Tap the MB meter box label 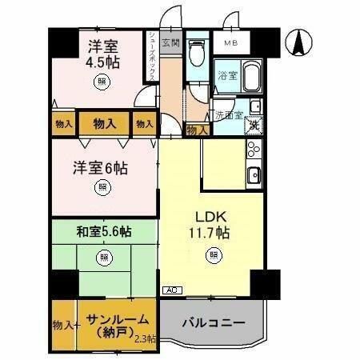[230, 42]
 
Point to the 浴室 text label [226, 76]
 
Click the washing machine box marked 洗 [253, 124]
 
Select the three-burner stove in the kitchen [253, 150]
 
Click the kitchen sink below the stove [253, 175]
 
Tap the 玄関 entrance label [170, 42]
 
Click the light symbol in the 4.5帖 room [102, 81]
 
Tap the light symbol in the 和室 [102, 258]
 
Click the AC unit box [170, 290]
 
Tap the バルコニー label [212, 324]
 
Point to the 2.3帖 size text [146, 339]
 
